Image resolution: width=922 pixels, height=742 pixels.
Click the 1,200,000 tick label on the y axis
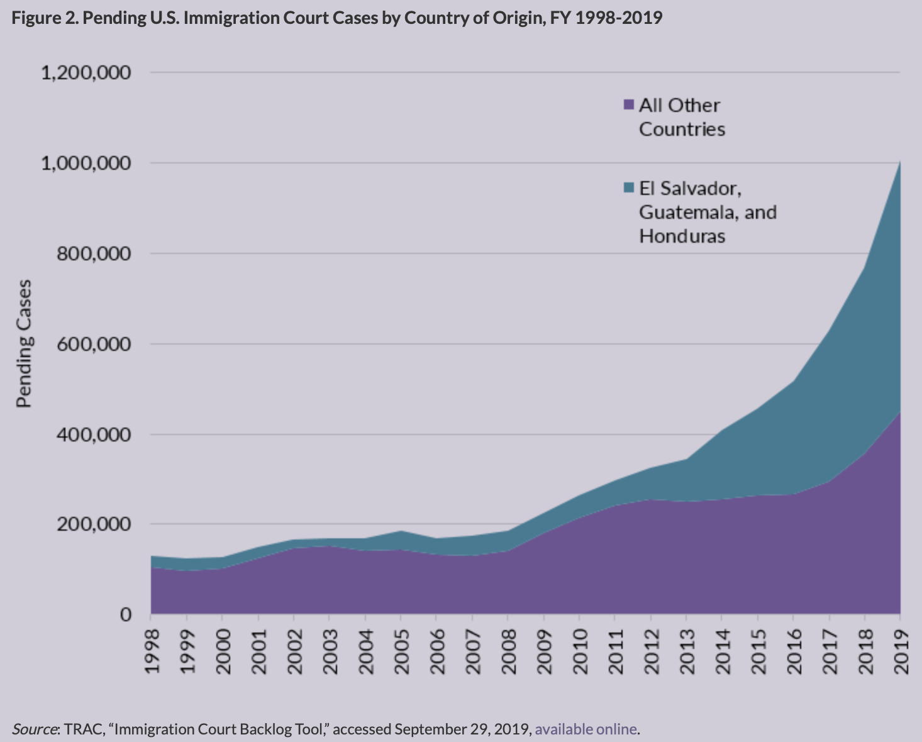click(86, 73)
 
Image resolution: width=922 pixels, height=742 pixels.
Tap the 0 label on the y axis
click(126, 614)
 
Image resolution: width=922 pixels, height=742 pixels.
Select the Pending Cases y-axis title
click(24, 344)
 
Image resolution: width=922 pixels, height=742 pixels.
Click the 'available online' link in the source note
click(586, 729)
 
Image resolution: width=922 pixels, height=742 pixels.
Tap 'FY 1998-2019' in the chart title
click(606, 17)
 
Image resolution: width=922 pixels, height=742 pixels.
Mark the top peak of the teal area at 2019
click(900, 162)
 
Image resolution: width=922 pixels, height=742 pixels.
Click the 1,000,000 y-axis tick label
click(86, 163)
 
